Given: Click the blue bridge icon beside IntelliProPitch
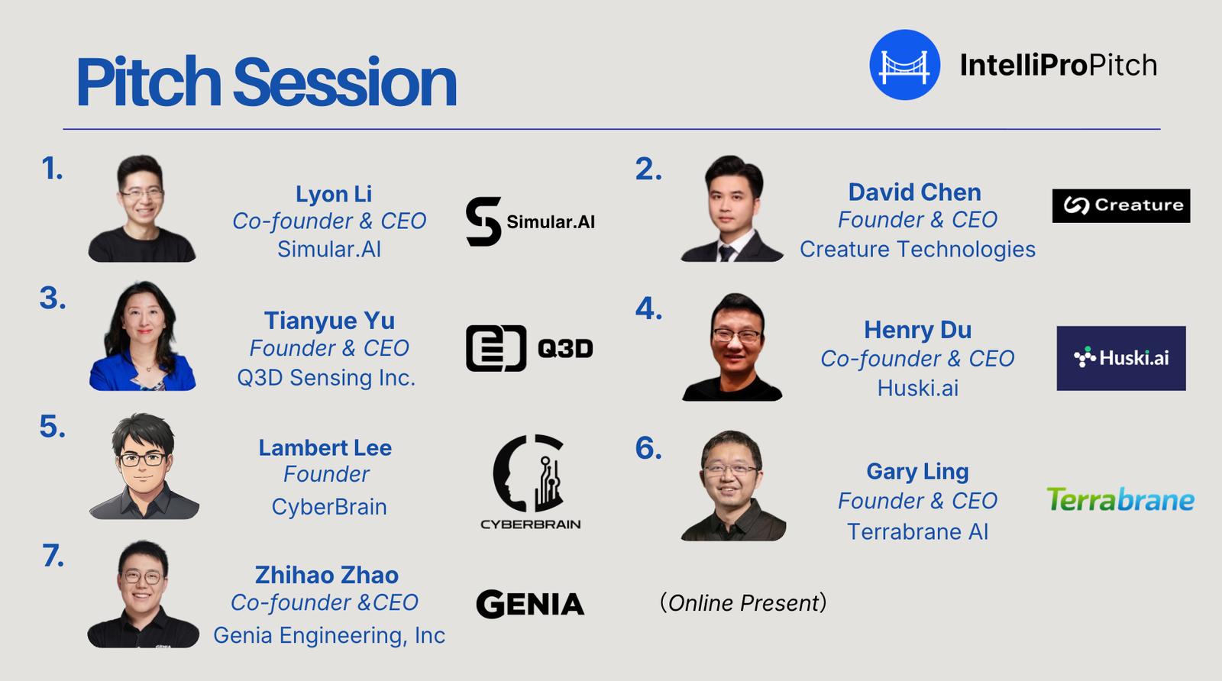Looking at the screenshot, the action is (x=904, y=65).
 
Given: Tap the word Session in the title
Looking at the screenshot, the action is (x=344, y=82).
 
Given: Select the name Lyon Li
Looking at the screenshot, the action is (x=333, y=194).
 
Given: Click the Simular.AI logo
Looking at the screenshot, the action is (x=530, y=221).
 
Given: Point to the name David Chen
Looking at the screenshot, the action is (x=915, y=192).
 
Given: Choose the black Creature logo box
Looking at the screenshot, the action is (x=1121, y=205).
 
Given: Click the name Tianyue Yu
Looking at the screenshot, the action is (x=329, y=321).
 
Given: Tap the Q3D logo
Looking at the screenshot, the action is (x=529, y=348).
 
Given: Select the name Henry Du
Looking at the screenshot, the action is (x=917, y=330).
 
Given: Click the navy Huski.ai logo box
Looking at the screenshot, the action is (x=1121, y=358).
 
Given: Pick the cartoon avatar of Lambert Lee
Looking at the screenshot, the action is (x=144, y=466).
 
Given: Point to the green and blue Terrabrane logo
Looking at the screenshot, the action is (x=1120, y=499).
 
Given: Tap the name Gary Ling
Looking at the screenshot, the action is (x=917, y=471).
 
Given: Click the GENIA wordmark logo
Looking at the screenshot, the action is (x=530, y=604).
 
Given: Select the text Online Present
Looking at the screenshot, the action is (x=743, y=603).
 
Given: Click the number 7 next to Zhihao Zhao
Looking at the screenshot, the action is (x=53, y=556).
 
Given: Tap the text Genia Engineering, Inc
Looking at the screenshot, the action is (x=329, y=635).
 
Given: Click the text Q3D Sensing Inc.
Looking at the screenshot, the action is (x=326, y=377).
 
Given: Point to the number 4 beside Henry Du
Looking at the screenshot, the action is (x=648, y=308).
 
